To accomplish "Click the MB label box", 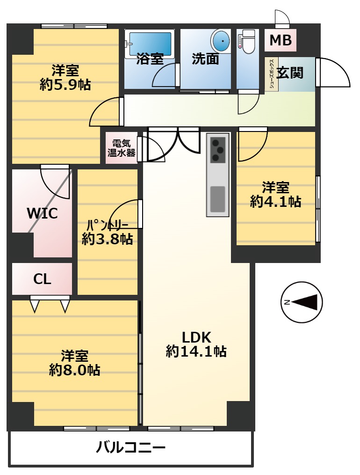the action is pyautogui.click(x=281, y=40).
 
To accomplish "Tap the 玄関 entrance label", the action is pyautogui.click(x=290, y=73).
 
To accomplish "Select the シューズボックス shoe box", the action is pyautogui.click(x=271, y=74).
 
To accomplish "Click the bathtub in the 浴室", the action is pyautogui.click(x=150, y=44).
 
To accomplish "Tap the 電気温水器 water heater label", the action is pyautogui.click(x=121, y=148).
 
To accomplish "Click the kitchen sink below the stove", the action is pyautogui.click(x=217, y=199).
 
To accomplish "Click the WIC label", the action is pyautogui.click(x=43, y=213).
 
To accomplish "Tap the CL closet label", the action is pyautogui.click(x=42, y=279).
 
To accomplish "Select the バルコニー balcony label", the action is pyautogui.click(x=131, y=447).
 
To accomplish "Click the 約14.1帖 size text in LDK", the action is pyautogui.click(x=196, y=351).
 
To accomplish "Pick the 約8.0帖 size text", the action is pyautogui.click(x=74, y=370).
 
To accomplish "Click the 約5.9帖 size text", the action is pyautogui.click(x=65, y=85).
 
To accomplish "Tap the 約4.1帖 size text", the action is pyautogui.click(x=275, y=201).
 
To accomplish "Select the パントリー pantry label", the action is pyautogui.click(x=107, y=225).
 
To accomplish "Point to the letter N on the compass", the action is pyautogui.click(x=286, y=302).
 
